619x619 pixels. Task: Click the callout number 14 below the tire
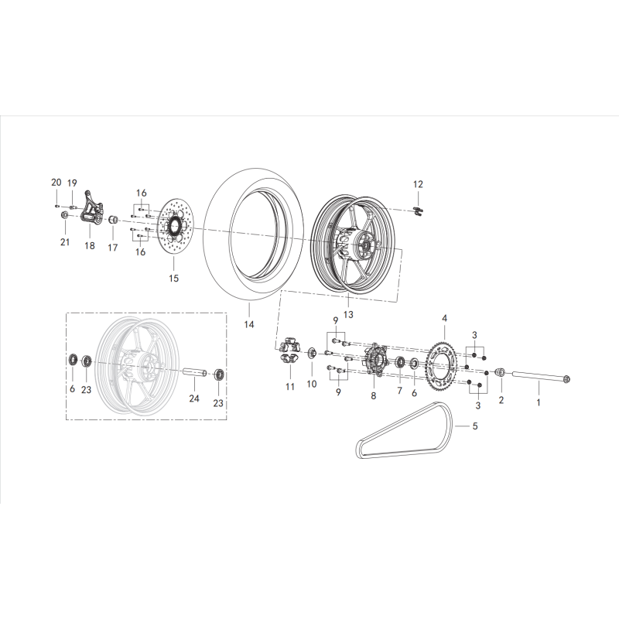click(249, 326)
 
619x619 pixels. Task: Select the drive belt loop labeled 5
click(406, 444)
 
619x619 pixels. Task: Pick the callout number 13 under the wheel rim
click(347, 314)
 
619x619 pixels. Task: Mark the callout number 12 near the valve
click(418, 184)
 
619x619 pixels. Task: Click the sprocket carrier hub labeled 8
click(372, 361)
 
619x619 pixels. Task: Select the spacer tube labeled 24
click(193, 373)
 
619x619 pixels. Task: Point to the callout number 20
click(56, 182)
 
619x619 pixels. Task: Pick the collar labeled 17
click(112, 223)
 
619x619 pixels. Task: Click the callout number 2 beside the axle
click(501, 400)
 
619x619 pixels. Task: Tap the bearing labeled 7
click(402, 363)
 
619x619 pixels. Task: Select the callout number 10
click(312, 384)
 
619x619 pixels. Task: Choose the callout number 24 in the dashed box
click(193, 399)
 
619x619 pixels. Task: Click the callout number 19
click(72, 183)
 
